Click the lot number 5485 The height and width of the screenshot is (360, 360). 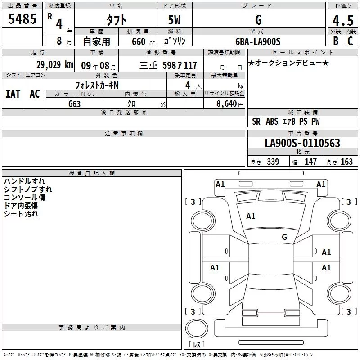click(x=22, y=19)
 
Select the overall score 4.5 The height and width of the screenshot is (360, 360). click(x=343, y=20)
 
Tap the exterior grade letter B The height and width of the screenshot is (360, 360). click(x=336, y=41)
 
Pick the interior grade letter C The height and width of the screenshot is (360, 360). click(x=350, y=41)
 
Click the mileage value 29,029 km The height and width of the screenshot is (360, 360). click(x=55, y=65)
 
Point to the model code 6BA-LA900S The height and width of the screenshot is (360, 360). click(x=258, y=41)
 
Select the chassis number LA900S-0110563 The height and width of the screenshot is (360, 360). click(x=302, y=143)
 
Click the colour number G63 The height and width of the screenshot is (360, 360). click(x=74, y=104)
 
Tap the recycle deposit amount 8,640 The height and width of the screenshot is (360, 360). click(x=227, y=104)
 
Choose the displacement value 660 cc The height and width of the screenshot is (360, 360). click(x=143, y=42)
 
